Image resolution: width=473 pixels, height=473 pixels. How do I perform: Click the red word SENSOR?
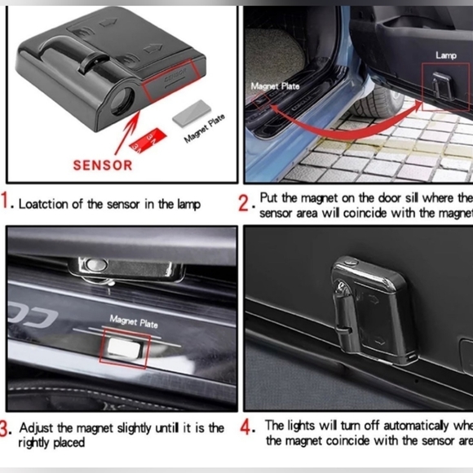102,164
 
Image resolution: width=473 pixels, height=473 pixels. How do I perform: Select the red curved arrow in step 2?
343,122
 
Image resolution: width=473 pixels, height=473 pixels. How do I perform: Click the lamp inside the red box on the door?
444,83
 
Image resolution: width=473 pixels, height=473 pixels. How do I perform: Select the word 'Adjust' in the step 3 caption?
36,427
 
